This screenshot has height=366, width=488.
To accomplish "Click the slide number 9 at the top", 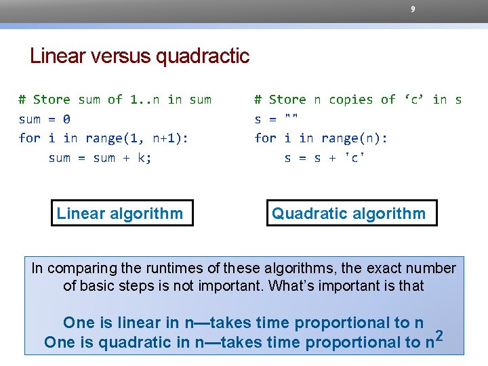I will click(413, 9).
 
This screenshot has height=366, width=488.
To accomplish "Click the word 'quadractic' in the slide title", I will click(203, 56).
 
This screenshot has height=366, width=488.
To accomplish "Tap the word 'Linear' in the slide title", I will click(57, 56).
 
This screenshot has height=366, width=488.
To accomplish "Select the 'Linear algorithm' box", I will click(120, 213).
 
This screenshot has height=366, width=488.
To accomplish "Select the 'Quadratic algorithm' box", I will click(348, 213).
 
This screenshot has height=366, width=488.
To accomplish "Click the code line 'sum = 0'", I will click(45, 119).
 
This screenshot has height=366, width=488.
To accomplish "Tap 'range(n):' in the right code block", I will click(352, 138).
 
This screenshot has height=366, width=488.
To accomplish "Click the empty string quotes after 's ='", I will click(292, 118).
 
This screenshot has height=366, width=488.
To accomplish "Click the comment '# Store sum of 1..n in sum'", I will click(115, 100).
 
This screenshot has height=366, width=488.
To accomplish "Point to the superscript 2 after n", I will click(441, 335).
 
